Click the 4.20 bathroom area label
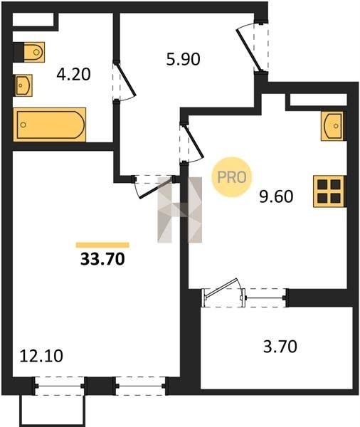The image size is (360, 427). point(73,74)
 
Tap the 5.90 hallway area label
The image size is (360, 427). point(184,59)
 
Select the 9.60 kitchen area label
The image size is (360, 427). point(276,196)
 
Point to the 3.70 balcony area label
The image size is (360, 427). point(280,347)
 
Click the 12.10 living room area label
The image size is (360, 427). point(41,356)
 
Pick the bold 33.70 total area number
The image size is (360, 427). point(102,259)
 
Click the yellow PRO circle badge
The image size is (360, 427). point(232,177)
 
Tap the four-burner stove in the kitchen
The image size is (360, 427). point(329,191)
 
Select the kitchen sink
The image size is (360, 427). point(333,126)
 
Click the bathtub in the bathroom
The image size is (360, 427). point(50,125)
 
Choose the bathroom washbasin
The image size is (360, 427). point(23,85)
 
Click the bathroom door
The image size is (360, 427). point(125,81)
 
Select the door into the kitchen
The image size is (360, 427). point(191,144)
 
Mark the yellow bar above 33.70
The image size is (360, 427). point(102,245)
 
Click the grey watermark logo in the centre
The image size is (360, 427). point(180,210)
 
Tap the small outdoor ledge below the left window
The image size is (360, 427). point(52,411)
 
